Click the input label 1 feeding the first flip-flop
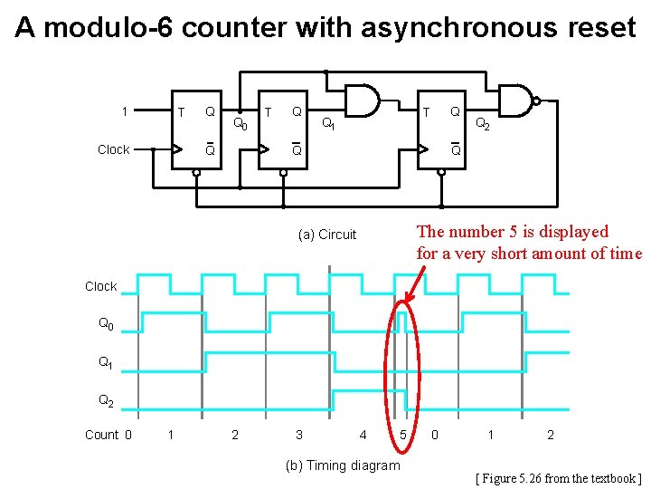124,111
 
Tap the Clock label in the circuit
113,149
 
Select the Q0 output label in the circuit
241,124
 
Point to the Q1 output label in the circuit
329,124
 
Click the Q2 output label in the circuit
483,124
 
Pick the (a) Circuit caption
327,235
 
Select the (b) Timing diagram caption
342,465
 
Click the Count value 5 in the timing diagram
402,436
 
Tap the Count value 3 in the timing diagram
299,436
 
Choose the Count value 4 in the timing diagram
363,436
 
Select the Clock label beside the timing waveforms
100,286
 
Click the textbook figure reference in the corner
558,477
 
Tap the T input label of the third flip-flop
427,111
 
